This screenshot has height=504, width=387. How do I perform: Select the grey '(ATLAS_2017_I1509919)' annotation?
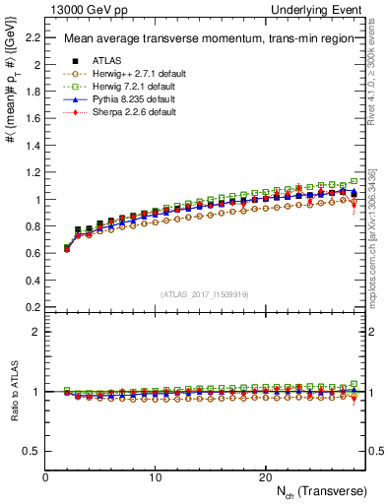(203, 294)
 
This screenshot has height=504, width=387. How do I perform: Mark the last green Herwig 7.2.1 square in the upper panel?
(354, 182)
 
